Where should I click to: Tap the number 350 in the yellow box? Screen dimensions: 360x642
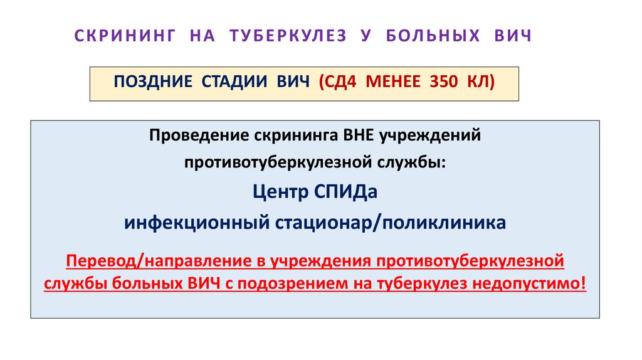446,82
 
